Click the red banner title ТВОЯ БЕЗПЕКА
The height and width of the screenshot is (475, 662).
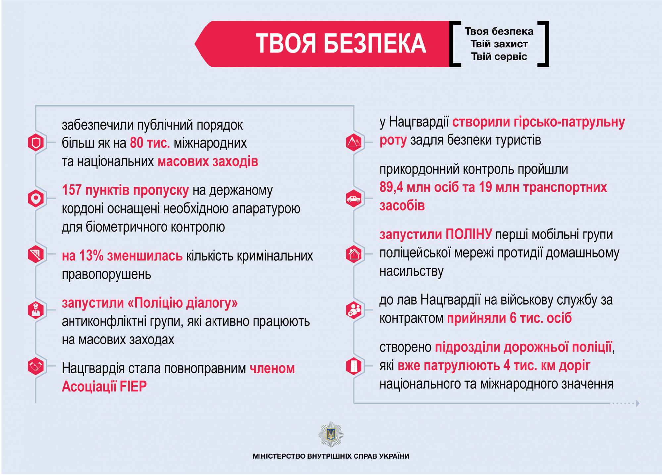341,43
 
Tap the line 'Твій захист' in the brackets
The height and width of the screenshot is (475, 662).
499,44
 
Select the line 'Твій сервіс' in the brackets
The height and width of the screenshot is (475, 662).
499,56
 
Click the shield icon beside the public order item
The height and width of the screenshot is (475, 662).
36,143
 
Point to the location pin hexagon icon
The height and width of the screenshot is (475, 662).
36,198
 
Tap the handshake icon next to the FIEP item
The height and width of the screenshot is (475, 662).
36,366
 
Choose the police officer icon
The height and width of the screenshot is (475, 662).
36,310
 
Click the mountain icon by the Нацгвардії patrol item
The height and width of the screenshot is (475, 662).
354,142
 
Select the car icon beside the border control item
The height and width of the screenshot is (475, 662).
354,199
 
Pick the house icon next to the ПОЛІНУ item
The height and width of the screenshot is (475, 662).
354,254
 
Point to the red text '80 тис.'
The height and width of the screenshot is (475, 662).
150,143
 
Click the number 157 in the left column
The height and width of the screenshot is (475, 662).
72,190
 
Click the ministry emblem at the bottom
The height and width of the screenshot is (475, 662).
331,434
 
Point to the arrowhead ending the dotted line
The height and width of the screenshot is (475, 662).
638,403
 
